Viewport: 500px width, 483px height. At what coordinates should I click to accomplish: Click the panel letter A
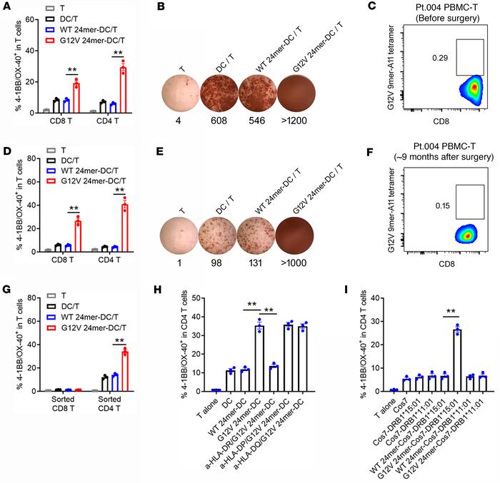tap(6, 6)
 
